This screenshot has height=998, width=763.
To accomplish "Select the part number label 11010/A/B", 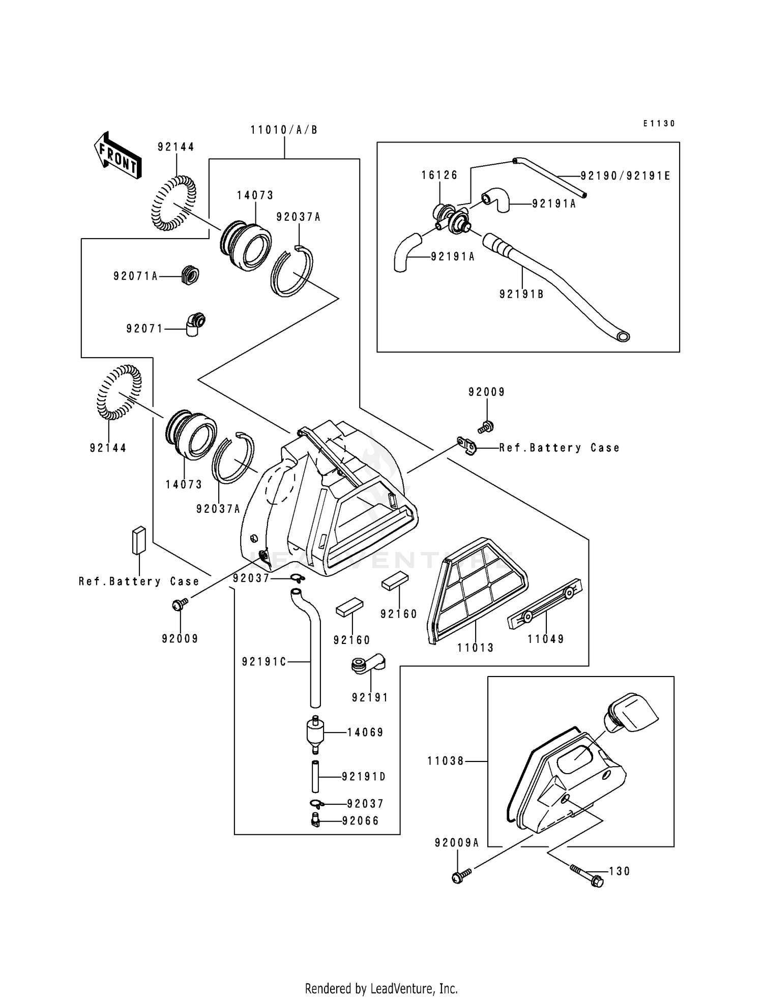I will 284,130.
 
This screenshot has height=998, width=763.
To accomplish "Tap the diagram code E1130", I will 659,124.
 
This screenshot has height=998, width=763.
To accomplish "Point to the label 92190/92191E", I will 625,176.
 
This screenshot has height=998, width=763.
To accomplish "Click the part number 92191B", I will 521,294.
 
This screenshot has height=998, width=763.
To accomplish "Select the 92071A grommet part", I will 190,275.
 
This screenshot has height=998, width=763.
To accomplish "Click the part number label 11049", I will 545,639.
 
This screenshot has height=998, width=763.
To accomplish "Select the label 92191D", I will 364,777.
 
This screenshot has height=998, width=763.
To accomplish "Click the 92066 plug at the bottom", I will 315,821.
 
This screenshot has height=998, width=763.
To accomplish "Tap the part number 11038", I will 446,761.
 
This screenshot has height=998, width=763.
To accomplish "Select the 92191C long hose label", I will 264,662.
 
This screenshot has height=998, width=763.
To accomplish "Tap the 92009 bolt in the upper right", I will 486,426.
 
